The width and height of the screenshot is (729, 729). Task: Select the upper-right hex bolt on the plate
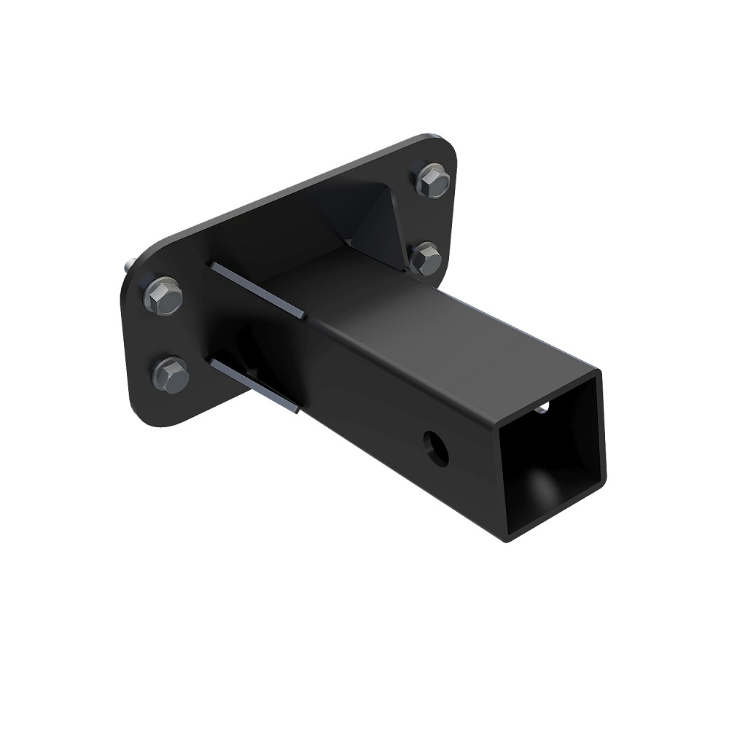[433, 180]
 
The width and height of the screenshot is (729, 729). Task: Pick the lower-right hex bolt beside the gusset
[425, 258]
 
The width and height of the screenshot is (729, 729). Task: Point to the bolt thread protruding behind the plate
[128, 267]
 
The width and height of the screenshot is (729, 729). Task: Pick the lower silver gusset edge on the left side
[255, 385]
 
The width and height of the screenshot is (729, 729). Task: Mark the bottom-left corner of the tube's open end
[509, 538]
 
